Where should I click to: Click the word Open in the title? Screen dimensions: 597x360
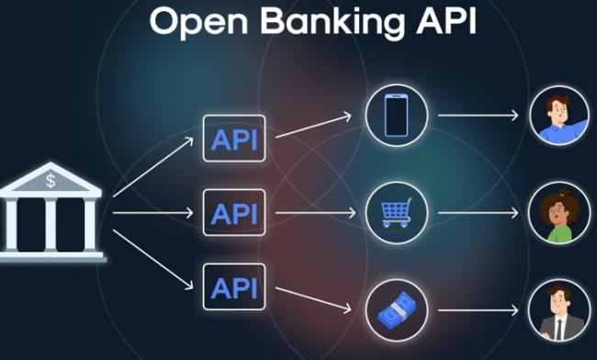tap(198, 22)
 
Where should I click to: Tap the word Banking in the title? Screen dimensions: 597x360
tap(332, 22)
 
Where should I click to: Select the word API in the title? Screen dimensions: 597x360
tap(446, 20)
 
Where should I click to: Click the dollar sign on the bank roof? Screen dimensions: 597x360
tap(51, 180)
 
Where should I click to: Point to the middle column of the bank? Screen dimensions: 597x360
tap(51, 224)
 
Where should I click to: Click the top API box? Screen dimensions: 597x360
tap(234, 139)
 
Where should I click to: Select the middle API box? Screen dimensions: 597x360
tap(234, 212)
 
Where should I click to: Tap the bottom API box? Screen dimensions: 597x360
tap(234, 287)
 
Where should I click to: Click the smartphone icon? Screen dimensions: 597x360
tap(397, 116)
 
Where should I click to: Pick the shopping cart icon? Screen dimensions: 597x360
tap(397, 212)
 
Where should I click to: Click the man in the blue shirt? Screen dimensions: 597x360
tap(559, 116)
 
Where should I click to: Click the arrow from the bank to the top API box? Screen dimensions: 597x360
tap(153, 167)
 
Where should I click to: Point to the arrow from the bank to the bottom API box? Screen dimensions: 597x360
tap(153, 260)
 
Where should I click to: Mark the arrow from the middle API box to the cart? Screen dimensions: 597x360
tap(315, 213)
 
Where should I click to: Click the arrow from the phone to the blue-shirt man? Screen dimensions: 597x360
tap(479, 116)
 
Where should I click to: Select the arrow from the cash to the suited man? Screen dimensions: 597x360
tap(479, 310)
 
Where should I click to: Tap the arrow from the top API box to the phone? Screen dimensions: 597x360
tap(313, 125)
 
